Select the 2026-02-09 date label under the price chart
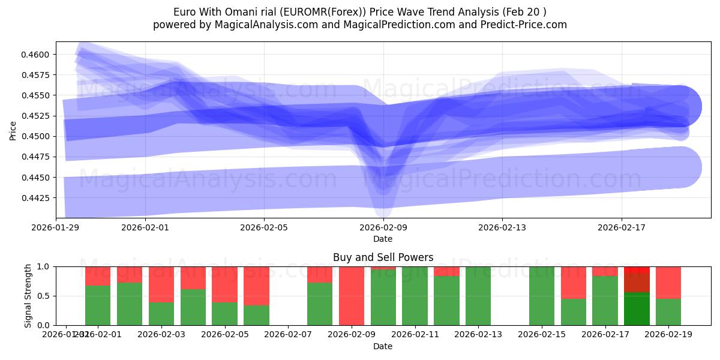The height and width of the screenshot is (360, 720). click(383, 227)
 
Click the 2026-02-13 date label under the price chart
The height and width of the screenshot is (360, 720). click(502, 227)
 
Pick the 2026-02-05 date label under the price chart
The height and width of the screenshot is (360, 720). click(265, 227)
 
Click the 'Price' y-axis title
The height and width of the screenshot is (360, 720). click(13, 130)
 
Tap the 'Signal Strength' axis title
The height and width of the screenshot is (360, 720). click(28, 296)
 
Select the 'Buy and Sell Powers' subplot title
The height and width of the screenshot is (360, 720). click(383, 257)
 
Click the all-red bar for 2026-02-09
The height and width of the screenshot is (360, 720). click(352, 296)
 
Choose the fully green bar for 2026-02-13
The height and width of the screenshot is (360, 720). click(478, 296)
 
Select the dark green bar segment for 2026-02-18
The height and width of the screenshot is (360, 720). click(637, 309)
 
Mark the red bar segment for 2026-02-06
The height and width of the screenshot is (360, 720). click(256, 286)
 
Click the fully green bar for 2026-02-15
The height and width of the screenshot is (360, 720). click(542, 296)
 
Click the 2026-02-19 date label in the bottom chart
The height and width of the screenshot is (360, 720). click(668, 335)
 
